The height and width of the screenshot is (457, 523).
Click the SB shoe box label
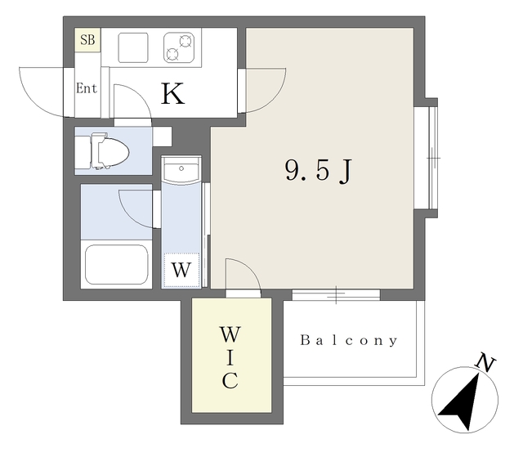pos(87,40)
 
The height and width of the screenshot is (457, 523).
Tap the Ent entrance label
pos(87,88)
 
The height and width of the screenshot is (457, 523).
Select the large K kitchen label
pos(172,94)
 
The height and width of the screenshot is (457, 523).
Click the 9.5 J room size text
pos(318,170)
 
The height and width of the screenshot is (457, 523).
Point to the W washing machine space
pos(181,270)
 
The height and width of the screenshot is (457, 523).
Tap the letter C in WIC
pos(230,381)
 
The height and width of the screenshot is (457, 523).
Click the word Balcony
pos(349,341)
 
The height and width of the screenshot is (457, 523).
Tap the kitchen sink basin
pos(133,47)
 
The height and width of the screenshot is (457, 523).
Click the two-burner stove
pos(179,47)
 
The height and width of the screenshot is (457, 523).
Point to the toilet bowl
pos(110,151)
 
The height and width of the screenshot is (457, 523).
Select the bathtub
pos(116,265)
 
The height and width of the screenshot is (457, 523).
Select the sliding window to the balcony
pos(336,295)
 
